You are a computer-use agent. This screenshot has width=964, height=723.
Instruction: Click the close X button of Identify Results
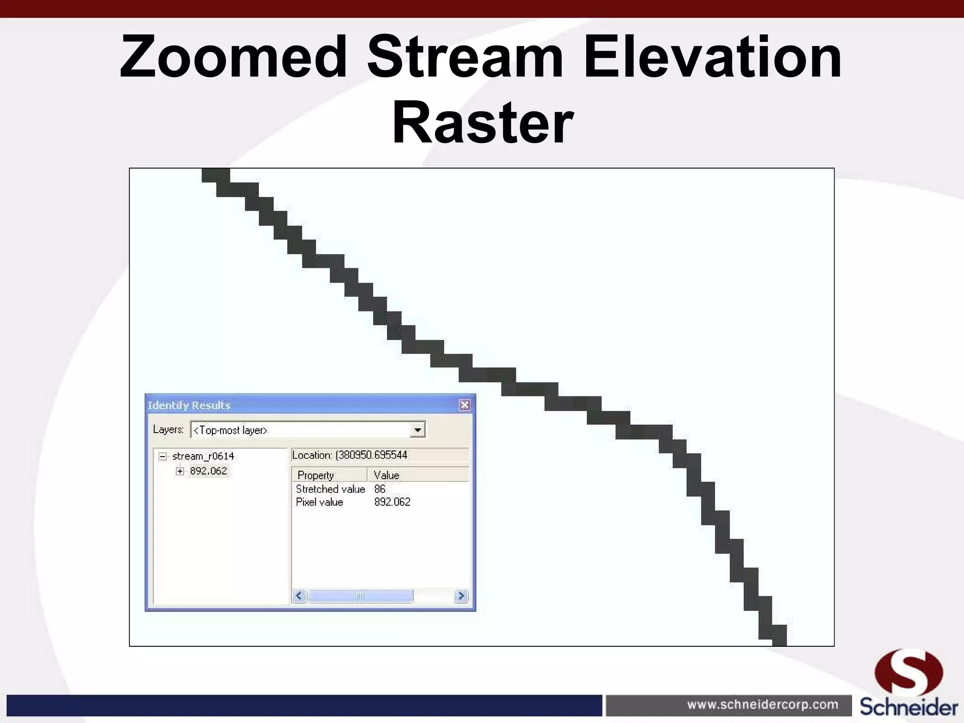click(x=465, y=405)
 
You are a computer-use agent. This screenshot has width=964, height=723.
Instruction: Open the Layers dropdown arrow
click(x=417, y=430)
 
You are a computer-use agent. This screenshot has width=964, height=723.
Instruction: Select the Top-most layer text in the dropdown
click(x=231, y=430)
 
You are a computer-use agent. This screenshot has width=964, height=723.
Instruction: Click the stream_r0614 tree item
click(x=203, y=456)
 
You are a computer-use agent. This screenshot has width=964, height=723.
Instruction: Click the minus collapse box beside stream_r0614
click(x=163, y=456)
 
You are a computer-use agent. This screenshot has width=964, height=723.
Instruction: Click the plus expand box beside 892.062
click(x=180, y=471)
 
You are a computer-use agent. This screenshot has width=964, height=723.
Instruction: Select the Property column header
click(x=316, y=475)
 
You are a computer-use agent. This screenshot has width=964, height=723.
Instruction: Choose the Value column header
click(x=386, y=475)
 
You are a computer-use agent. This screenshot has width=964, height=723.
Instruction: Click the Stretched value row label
click(x=330, y=489)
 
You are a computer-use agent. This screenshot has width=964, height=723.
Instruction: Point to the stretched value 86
click(x=380, y=489)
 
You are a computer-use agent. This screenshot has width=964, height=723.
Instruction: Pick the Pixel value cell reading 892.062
click(x=392, y=502)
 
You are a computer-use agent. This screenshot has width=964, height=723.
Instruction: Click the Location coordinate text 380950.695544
click(x=372, y=455)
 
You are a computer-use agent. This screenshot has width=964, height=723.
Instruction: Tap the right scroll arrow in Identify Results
click(x=461, y=596)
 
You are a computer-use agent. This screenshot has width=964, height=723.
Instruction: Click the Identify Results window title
click(x=189, y=405)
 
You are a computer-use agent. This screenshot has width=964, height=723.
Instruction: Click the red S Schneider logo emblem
click(x=908, y=672)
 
